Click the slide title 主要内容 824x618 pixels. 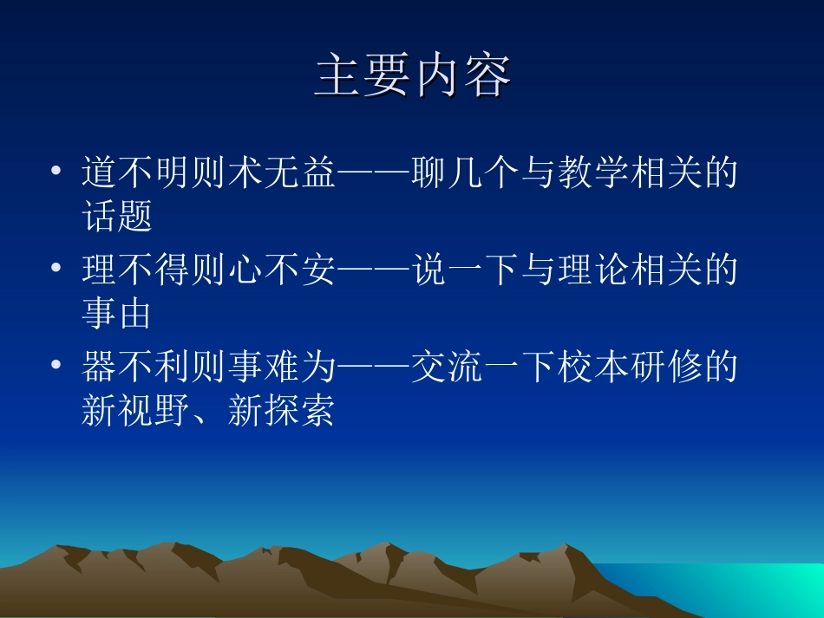point(412,77)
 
